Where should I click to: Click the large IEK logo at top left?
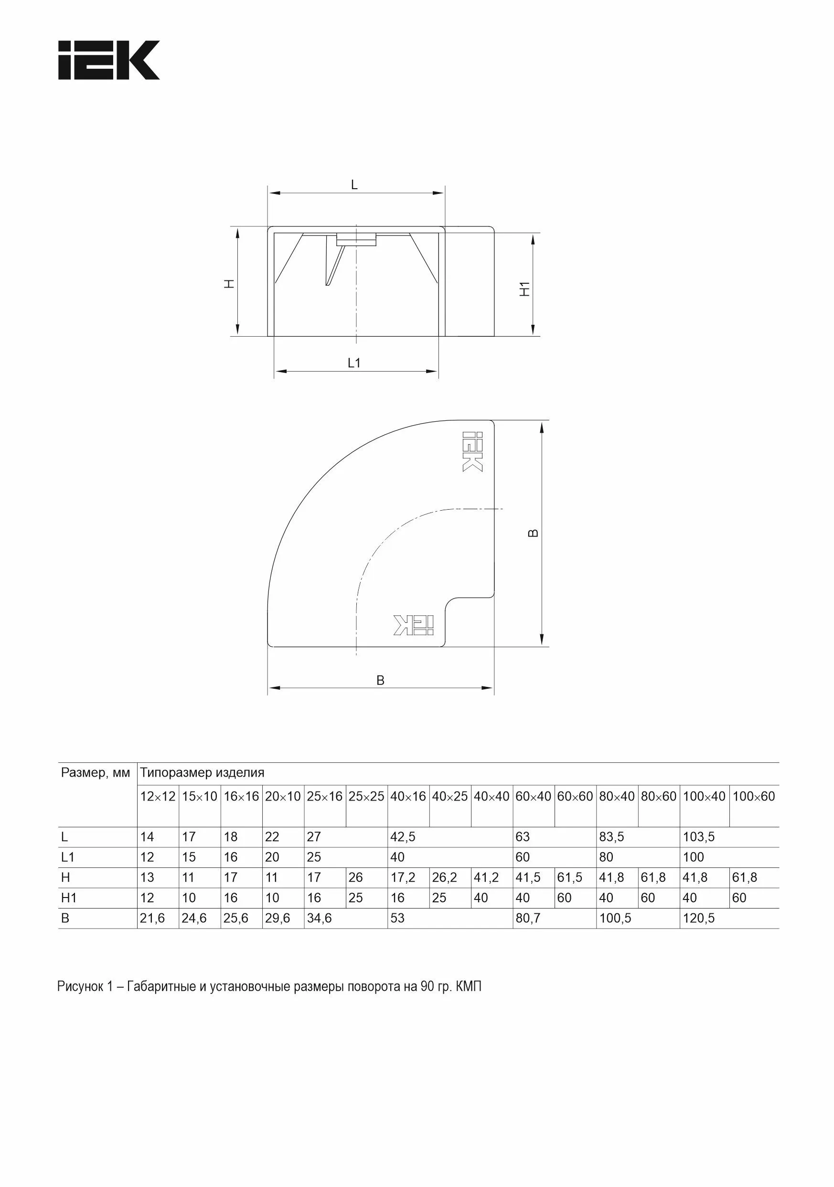pos(108,60)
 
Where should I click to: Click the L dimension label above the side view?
pos(354,184)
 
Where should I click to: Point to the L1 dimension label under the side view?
pos(354,363)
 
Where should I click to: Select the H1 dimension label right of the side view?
pos(525,289)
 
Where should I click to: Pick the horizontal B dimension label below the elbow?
pos(380,680)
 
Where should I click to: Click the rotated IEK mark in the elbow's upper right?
pos(472,451)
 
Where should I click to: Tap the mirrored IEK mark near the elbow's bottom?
pos(413,625)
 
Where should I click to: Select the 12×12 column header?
pos(158,797)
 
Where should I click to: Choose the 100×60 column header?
pos(753,797)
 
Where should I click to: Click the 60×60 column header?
pos(575,797)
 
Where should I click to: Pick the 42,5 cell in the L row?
pos(403,837)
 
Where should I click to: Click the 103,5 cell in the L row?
pos(698,837)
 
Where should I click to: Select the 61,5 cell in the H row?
pos(570,877)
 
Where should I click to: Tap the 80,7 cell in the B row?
pos(528,918)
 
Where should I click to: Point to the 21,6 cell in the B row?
pos(152,918)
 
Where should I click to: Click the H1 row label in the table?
pos(69,898)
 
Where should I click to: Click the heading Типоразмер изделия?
pos(202,773)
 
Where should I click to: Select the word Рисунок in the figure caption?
pos(80,986)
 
